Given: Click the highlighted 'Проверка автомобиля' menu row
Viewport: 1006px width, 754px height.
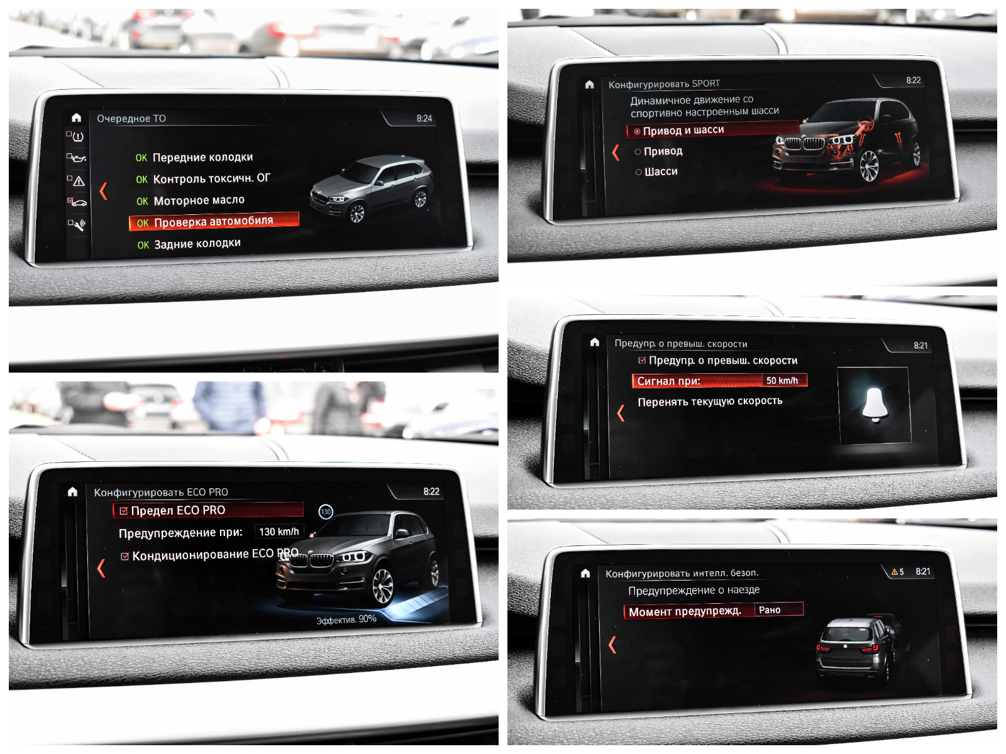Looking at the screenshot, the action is pyautogui.click(x=214, y=221).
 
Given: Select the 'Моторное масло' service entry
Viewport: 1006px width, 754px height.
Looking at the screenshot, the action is pyautogui.click(x=191, y=200).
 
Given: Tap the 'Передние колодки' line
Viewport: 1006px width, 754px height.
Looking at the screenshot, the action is pyautogui.click(x=194, y=158).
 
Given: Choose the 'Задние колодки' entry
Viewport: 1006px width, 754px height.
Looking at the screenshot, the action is pyautogui.click(x=189, y=244).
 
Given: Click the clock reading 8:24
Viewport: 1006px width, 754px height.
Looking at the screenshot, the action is pyautogui.click(x=424, y=119).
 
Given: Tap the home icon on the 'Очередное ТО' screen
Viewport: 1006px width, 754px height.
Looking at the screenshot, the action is pyautogui.click(x=76, y=117).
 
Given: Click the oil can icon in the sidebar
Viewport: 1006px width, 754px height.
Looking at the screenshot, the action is pyautogui.click(x=77, y=158).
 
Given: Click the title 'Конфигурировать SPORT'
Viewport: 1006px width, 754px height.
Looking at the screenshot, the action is pyautogui.click(x=664, y=84).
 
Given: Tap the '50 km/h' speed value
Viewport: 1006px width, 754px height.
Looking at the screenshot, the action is pyautogui.click(x=782, y=380).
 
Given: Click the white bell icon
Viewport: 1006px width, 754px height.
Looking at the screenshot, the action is pyautogui.click(x=875, y=405).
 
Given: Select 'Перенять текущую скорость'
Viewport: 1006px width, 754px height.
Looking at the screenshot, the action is pyautogui.click(x=710, y=402).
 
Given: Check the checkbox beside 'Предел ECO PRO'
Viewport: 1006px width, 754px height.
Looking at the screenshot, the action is pyautogui.click(x=123, y=511).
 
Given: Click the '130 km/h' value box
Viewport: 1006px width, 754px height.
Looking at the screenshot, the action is pyautogui.click(x=279, y=532).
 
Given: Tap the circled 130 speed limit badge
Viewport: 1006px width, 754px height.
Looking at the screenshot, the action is pyautogui.click(x=326, y=511).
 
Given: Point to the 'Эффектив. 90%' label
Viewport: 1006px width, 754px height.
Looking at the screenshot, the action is pyautogui.click(x=346, y=620).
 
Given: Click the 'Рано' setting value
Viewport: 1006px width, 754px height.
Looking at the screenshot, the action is pyautogui.click(x=770, y=609).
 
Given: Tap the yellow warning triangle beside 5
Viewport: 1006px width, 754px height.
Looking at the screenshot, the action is pyautogui.click(x=893, y=572).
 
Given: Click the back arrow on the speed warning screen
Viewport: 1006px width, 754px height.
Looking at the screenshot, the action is pyautogui.click(x=621, y=413).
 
